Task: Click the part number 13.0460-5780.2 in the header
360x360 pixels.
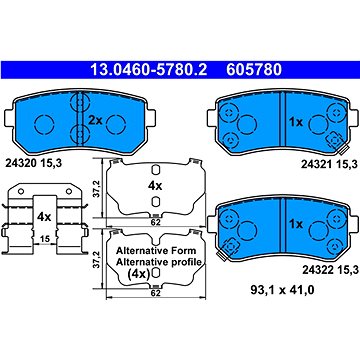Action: [149, 70]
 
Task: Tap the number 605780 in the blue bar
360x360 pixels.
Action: [254, 70]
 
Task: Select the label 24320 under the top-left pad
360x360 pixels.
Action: [21, 163]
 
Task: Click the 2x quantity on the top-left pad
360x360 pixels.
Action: [95, 120]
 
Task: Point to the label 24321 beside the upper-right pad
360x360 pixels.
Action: [318, 164]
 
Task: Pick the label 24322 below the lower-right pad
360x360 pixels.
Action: [318, 270]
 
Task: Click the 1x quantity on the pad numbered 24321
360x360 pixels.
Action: [296, 123]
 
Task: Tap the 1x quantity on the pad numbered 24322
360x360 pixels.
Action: [296, 224]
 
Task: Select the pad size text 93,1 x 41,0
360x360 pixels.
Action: [282, 290]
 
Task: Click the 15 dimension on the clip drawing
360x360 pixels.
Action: [45, 239]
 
